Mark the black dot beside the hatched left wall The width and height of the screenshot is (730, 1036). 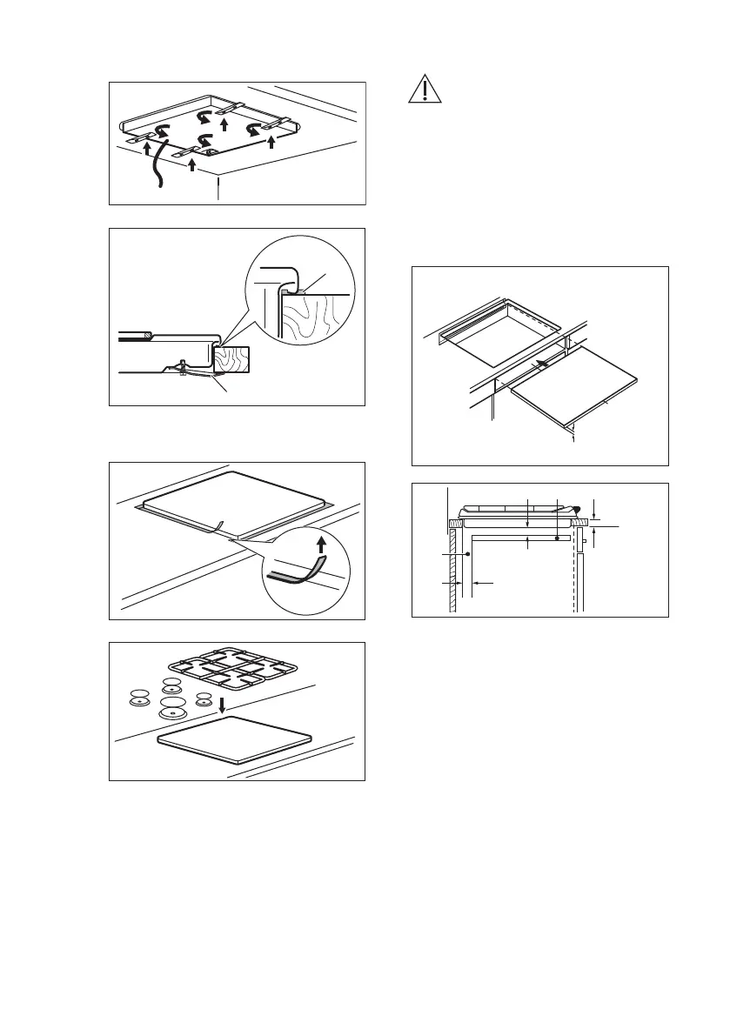(x=468, y=553)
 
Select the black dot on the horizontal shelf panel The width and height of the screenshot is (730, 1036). (x=556, y=538)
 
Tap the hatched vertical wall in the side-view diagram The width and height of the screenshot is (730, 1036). (x=453, y=574)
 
